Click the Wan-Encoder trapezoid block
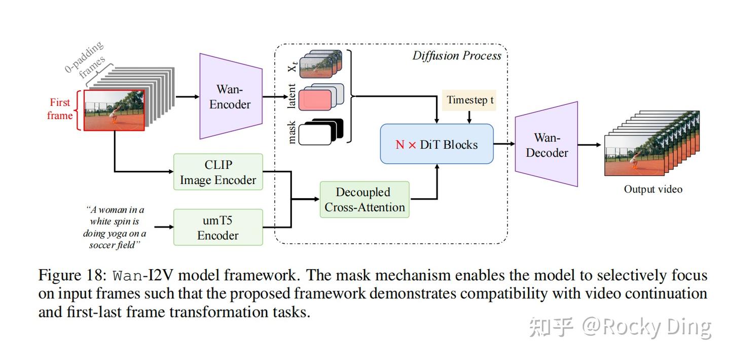231,96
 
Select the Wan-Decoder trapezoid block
546,145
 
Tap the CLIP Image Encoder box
218,172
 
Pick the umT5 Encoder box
218,228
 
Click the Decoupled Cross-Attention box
364,200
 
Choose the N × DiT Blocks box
436,145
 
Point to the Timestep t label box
470,100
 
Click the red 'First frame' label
60,109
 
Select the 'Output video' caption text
653,189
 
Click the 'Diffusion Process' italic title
456,56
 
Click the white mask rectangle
314,134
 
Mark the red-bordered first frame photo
114,111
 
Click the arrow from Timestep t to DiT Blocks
469,117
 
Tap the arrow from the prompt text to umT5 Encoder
163,227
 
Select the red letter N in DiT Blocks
400,145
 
